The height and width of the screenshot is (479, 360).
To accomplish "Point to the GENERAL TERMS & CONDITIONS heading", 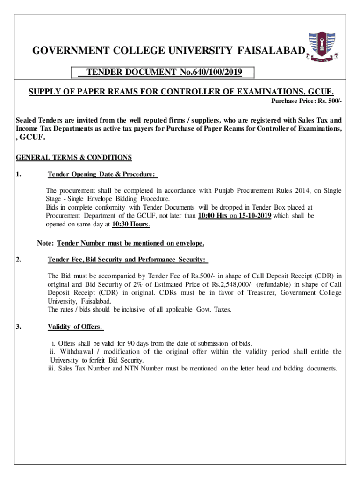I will tap(74, 158).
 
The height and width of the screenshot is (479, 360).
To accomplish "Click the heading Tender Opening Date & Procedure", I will tap(102, 174).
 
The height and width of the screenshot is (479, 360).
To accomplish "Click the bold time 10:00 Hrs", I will tap(213, 216).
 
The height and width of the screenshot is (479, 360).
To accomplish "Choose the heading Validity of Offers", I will tap(75, 327).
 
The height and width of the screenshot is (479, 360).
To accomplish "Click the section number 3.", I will tap(18, 327).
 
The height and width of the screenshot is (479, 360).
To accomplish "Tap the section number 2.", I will tap(18, 259).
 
